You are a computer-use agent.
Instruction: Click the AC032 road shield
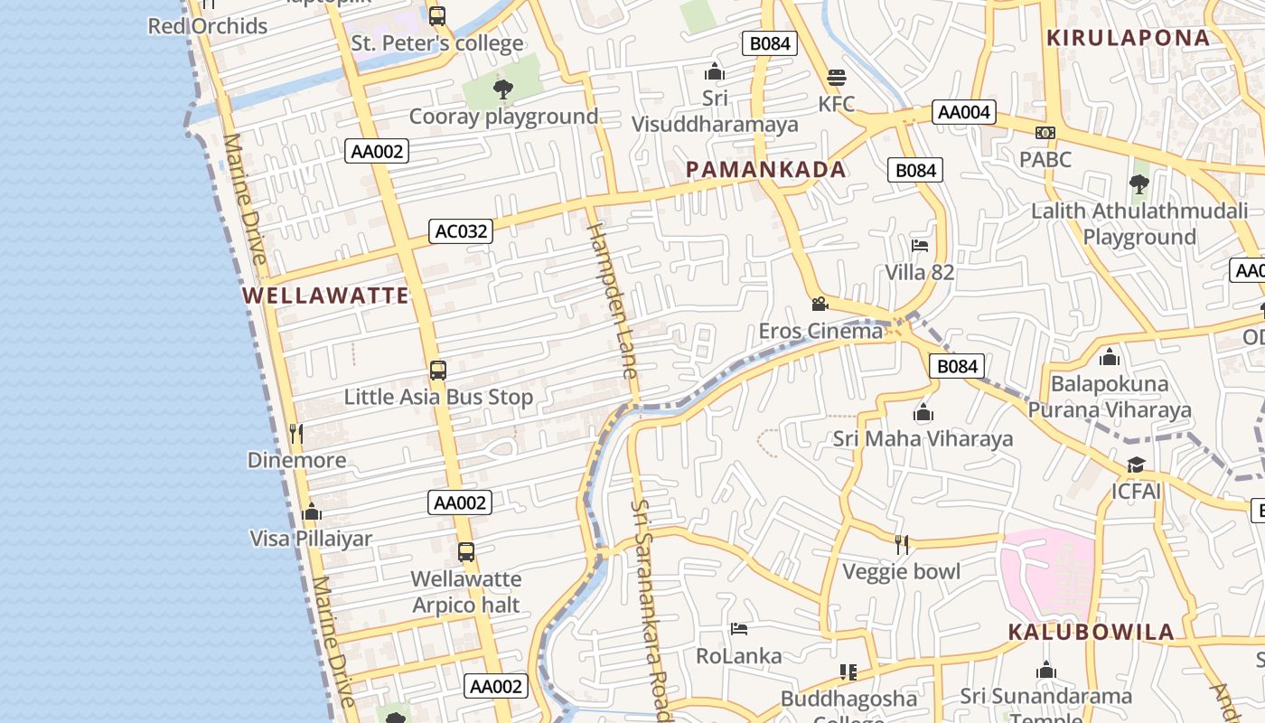point(461,231)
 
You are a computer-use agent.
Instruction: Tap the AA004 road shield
point(964,112)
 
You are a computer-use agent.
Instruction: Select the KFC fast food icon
point(837,77)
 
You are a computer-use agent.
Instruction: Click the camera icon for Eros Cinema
point(820,304)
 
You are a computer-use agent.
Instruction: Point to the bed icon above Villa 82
point(920,245)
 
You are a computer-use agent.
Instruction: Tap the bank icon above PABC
point(1045,133)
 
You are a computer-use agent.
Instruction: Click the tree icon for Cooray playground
point(503,89)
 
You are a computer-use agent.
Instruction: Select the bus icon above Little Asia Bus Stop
point(438,370)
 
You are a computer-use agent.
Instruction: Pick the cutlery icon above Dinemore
point(296,433)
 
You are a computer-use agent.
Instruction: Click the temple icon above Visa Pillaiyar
point(312,512)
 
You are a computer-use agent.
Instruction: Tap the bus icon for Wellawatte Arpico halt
point(466,551)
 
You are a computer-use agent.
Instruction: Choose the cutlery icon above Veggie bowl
point(901,544)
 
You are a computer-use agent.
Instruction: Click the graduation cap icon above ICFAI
point(1136,465)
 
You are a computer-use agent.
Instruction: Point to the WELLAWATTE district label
point(325,296)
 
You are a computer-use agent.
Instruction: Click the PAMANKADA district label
point(766,169)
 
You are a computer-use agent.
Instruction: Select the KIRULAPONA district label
point(1128,38)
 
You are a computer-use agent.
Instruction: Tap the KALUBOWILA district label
point(1091,632)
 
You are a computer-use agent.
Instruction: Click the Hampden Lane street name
point(614,300)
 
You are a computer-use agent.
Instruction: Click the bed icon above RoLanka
point(739,628)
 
